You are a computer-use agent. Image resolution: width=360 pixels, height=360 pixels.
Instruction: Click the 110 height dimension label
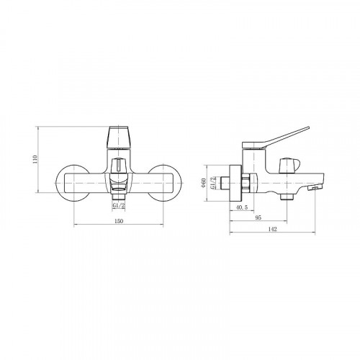click(x=35, y=159)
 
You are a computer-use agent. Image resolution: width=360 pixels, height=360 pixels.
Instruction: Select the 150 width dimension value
click(x=119, y=221)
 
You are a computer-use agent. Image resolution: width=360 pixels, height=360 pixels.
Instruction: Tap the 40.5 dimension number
click(x=242, y=207)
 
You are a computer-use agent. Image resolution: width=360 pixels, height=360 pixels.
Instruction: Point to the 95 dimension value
click(x=258, y=217)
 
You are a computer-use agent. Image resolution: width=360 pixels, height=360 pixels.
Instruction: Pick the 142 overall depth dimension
click(x=272, y=229)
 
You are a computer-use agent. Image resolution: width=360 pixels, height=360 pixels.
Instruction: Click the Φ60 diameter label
click(x=204, y=183)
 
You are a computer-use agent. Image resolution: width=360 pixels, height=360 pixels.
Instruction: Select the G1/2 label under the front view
click(x=119, y=205)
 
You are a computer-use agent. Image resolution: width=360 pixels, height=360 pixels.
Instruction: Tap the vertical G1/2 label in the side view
click(x=212, y=183)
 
